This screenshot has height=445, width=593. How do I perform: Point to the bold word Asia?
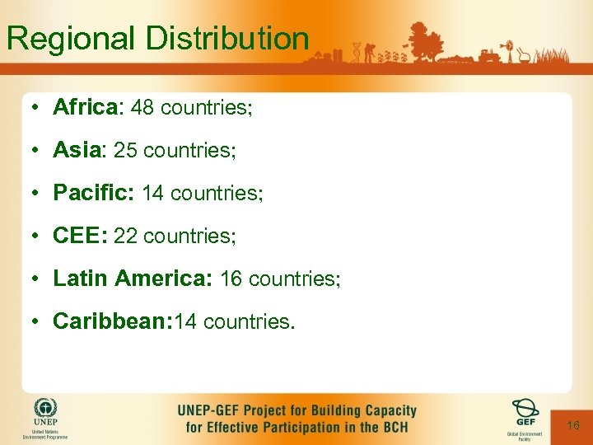click(x=77, y=150)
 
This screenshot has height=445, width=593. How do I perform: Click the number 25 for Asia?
click(x=126, y=150)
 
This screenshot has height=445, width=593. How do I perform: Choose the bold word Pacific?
click(x=93, y=193)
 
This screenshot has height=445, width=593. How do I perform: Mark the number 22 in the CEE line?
click(x=126, y=236)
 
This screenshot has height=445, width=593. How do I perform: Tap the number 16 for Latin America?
click(x=231, y=279)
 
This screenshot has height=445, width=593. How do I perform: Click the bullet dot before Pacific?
click(x=38, y=194)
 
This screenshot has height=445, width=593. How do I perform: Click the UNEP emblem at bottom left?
click(x=45, y=410)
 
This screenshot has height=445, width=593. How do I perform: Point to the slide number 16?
click(x=573, y=425)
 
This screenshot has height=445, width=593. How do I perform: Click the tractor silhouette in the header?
click(x=488, y=56)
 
